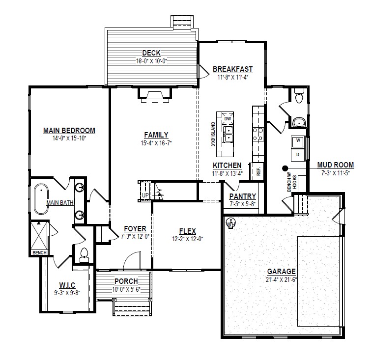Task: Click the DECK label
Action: [x=151, y=53]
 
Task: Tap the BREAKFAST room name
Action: [x=233, y=69]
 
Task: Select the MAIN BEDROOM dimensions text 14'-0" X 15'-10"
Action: [x=69, y=138]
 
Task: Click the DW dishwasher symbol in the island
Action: [x=228, y=118]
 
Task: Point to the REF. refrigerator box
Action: [x=258, y=171]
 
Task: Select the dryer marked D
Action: [x=298, y=154]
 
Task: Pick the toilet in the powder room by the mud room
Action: [x=299, y=96]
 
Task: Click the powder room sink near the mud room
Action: [x=299, y=122]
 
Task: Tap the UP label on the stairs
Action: [x=145, y=195]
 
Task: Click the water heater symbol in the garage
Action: [x=230, y=223]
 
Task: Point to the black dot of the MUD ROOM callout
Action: [x=285, y=168]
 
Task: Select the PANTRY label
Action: [x=243, y=196]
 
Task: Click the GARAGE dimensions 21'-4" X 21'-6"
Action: [x=282, y=279]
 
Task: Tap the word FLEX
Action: [x=188, y=231]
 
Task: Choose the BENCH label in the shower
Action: [x=39, y=252]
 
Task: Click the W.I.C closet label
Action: [x=67, y=285]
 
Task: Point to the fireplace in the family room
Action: [x=155, y=94]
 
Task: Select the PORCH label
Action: [x=126, y=281]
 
